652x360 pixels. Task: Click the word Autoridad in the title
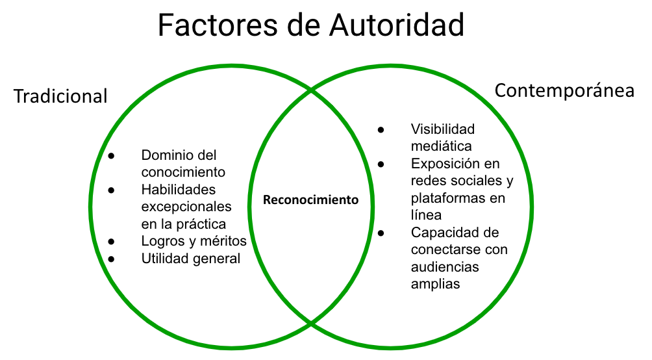[x=397, y=25]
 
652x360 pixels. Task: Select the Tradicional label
[x=60, y=96]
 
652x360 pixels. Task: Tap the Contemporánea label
[x=564, y=91]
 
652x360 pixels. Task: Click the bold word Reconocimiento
[x=310, y=200]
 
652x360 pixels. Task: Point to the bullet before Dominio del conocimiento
[x=111, y=156]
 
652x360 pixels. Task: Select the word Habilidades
[x=179, y=189]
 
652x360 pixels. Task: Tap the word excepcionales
[x=186, y=207]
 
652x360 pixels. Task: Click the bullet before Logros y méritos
[x=111, y=241]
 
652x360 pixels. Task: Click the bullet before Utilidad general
[x=111, y=259]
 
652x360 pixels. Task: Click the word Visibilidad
[x=443, y=129]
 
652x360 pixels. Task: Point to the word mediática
[x=441, y=146]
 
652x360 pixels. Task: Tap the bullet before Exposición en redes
[x=381, y=164]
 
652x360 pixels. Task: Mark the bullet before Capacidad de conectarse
[x=381, y=233]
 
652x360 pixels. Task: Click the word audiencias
[x=445, y=267]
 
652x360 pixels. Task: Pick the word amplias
[x=435, y=284]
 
